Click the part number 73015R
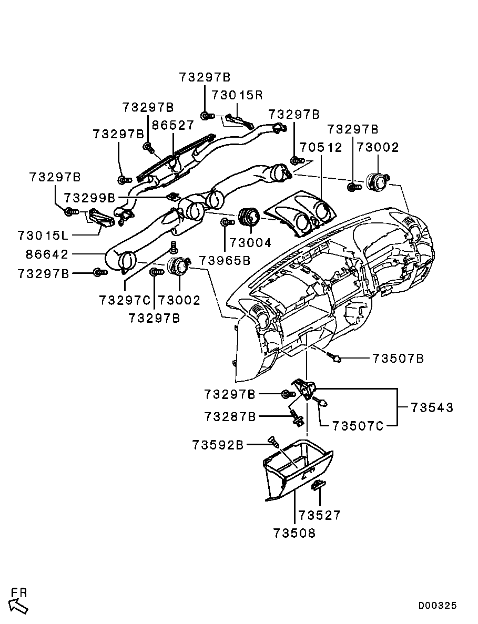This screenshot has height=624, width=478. [x=237, y=95]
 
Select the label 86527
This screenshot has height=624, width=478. [x=173, y=126]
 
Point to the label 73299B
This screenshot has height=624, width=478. [x=90, y=198]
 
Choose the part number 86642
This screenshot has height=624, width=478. [x=47, y=254]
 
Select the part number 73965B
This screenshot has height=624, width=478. [x=225, y=260]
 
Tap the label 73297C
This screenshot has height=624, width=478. [x=125, y=300]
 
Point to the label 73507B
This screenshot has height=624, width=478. [x=398, y=359]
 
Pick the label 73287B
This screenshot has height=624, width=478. [x=230, y=416]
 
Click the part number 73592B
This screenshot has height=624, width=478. [x=218, y=445]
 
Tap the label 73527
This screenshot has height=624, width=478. [x=320, y=515]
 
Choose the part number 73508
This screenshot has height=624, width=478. [x=294, y=533]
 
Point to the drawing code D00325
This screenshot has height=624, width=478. [x=438, y=606]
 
